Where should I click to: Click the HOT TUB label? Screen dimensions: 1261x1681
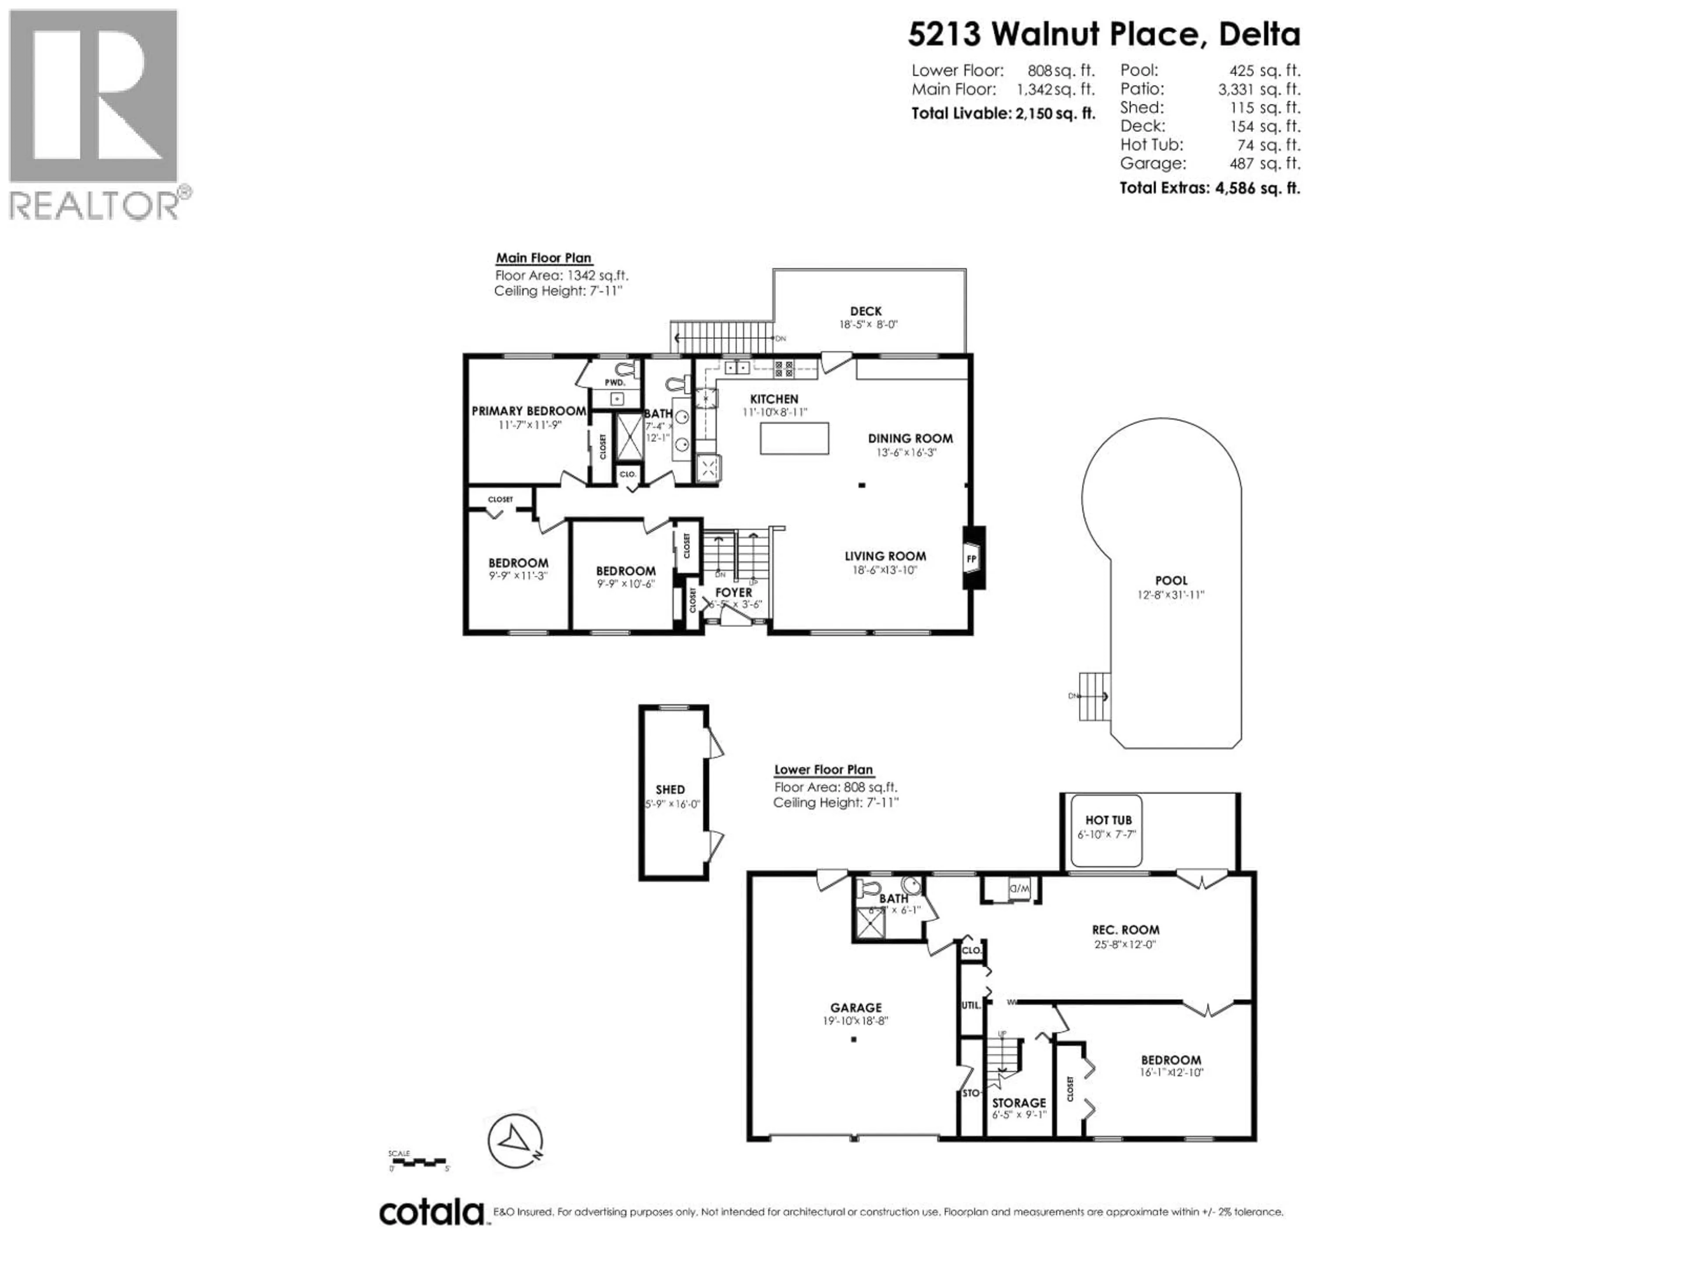tap(1108, 820)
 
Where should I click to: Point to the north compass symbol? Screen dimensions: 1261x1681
tap(515, 1141)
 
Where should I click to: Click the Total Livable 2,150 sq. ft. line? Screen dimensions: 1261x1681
tap(1003, 114)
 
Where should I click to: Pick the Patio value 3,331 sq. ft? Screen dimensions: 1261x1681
tap(1259, 89)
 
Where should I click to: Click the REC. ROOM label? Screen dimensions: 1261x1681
tap(1125, 930)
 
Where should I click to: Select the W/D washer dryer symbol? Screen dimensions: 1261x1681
tap(1018, 888)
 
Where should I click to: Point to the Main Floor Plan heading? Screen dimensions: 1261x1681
tap(543, 258)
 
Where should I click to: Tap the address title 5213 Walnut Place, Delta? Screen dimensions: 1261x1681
tap(1104, 34)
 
